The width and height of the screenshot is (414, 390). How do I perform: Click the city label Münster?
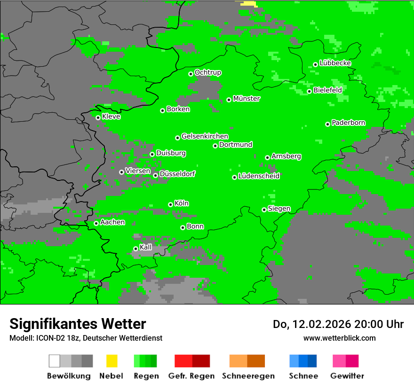[247, 99]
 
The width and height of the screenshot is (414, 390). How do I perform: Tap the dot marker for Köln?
[170, 204]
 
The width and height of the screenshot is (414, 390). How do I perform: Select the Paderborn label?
[348, 123]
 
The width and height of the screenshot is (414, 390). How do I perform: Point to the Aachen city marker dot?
[96, 223]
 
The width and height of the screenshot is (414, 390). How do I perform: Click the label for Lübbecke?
[335, 63]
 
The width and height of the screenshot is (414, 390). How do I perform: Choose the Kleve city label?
[111, 117]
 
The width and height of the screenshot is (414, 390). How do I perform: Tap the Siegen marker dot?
[264, 210]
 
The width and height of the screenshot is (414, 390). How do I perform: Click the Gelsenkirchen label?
[205, 136]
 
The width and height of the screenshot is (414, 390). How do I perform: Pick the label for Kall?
[146, 247]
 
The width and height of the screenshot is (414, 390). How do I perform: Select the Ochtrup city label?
[207, 72]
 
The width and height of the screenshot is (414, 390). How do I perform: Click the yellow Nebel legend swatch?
[111, 361]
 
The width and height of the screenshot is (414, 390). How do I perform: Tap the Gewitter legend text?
[347, 376]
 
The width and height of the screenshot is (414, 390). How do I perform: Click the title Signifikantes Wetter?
[78, 324]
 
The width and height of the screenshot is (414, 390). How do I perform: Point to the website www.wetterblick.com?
[340, 338]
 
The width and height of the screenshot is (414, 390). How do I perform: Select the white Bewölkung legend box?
[54, 361]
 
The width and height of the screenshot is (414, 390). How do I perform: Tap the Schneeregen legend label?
[248, 376]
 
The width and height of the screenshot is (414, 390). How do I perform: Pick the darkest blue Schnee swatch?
[312, 361]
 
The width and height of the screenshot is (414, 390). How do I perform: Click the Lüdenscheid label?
[259, 176]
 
